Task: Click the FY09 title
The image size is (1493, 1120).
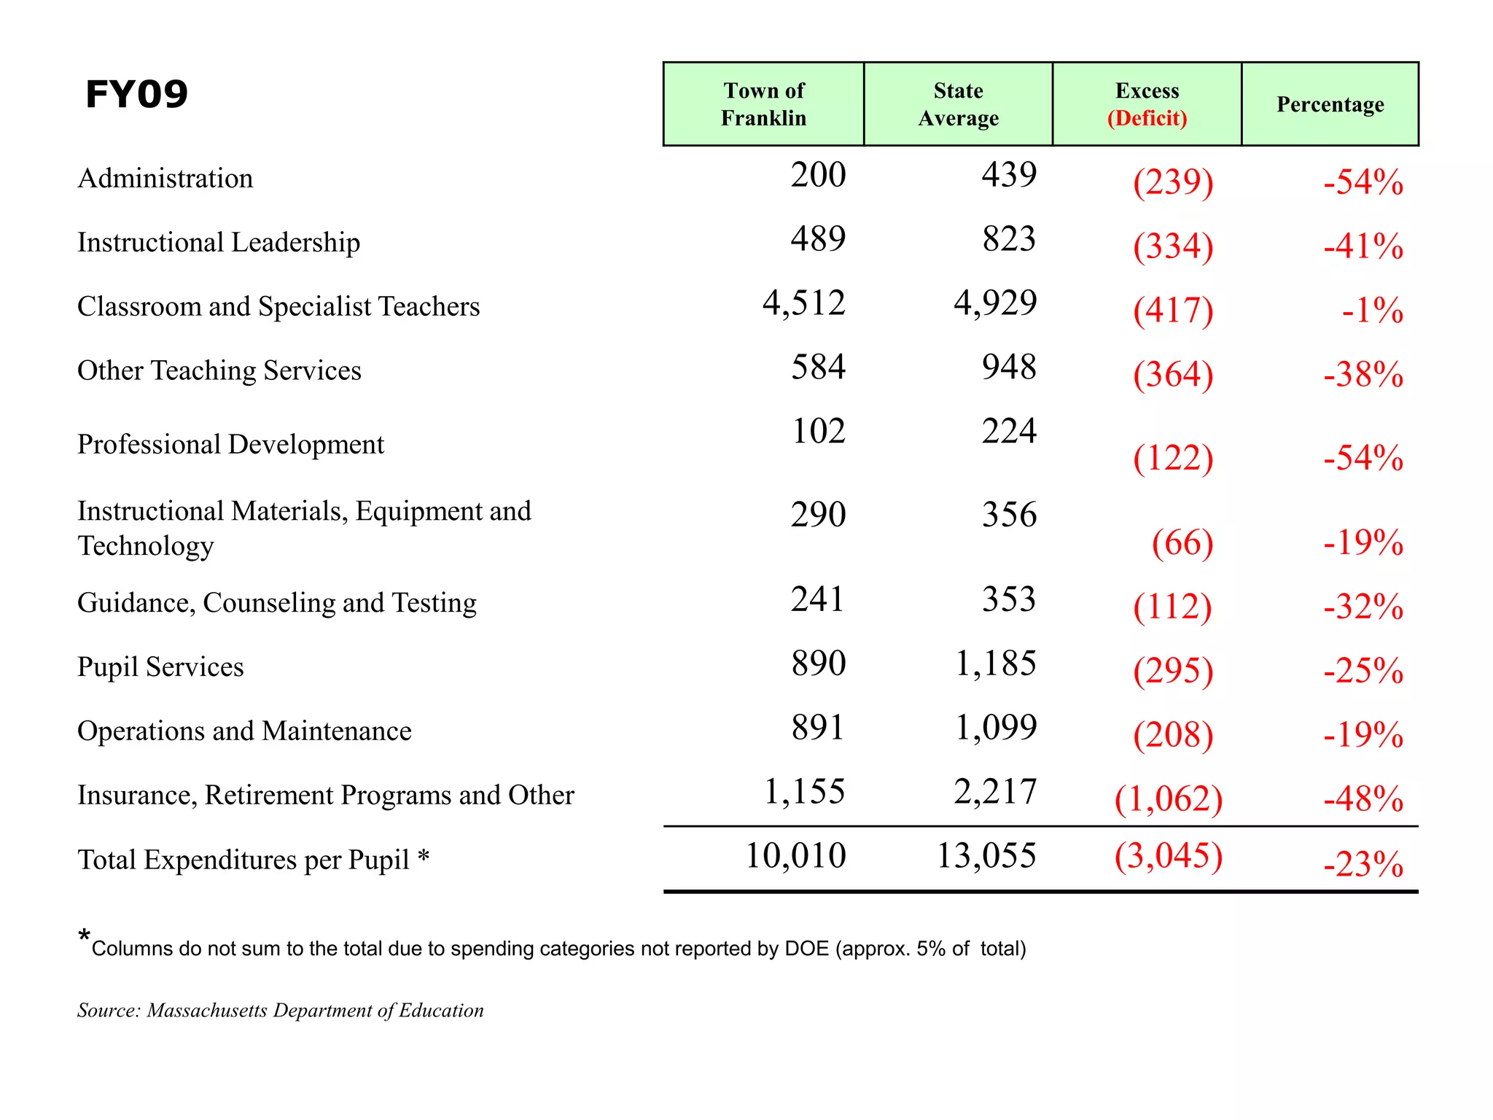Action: click(x=136, y=94)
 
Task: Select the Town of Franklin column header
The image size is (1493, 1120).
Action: click(x=763, y=104)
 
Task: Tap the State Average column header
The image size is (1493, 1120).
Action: click(x=958, y=104)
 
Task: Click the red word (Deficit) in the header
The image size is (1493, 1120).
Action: click(x=1147, y=118)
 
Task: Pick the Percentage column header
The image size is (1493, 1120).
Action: click(x=1330, y=104)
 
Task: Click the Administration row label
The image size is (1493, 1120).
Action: click(x=165, y=179)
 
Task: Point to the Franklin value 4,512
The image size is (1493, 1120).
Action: click(x=803, y=303)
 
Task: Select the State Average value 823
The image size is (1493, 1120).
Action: click(x=1009, y=239)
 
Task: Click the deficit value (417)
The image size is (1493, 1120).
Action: click(x=1172, y=310)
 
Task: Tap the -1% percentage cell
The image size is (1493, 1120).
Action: click(x=1372, y=311)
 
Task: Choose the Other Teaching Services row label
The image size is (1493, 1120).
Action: click(x=219, y=370)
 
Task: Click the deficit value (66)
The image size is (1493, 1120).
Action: click(x=1182, y=542)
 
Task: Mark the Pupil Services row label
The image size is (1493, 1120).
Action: click(x=160, y=667)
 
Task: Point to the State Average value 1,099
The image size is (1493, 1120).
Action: click(x=995, y=728)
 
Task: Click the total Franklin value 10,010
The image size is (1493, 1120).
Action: click(x=795, y=855)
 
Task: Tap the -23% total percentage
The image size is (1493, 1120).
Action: click(x=1363, y=864)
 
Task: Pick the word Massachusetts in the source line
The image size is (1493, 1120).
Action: click(x=207, y=1011)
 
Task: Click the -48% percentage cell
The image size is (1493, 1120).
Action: click(x=1363, y=799)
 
